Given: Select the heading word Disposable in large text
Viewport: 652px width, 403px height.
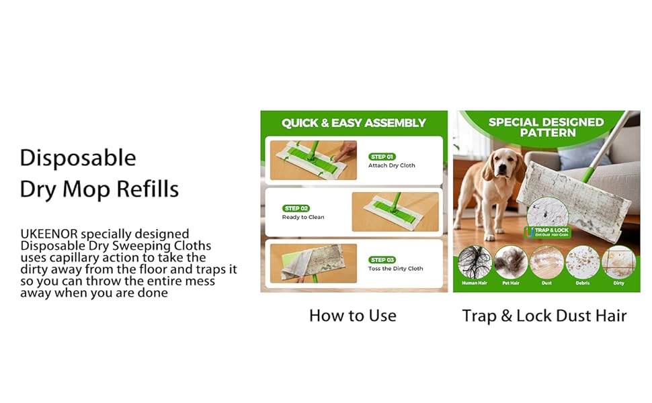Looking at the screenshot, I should [x=78, y=158].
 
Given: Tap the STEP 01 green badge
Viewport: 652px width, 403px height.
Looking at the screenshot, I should [x=382, y=156].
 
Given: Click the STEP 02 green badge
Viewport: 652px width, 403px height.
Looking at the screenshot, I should [x=296, y=208].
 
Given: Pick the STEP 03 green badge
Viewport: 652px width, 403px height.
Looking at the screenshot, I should [x=382, y=260].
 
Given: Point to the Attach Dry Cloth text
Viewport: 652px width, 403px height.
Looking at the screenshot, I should [x=391, y=165].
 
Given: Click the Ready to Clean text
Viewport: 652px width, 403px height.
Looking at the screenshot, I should [x=303, y=217].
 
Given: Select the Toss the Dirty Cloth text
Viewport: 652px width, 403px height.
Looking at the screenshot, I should [x=395, y=269].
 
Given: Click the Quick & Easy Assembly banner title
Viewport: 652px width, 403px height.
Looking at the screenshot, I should [x=354, y=123].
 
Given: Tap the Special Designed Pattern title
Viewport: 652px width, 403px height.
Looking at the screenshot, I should [x=546, y=127].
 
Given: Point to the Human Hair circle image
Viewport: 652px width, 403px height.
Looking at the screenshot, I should [x=474, y=263].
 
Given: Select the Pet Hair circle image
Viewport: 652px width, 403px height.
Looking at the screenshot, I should [x=510, y=263].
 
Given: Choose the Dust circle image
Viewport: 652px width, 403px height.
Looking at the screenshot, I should [x=546, y=263].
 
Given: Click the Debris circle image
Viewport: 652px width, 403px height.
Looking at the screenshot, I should [x=582, y=263].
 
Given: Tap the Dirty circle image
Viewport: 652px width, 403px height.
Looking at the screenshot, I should [x=618, y=263].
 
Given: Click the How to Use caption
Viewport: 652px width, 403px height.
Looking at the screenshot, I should [x=353, y=315].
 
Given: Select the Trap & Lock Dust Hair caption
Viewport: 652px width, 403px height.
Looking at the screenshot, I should [x=544, y=315].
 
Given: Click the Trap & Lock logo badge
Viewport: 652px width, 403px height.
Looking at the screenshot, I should [x=546, y=232].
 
